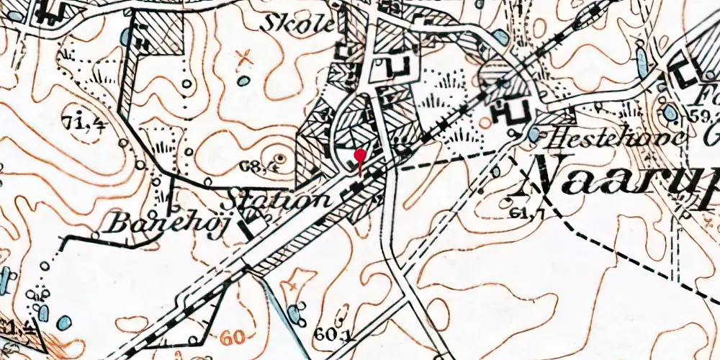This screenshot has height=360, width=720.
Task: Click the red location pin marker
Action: (x=360, y=157)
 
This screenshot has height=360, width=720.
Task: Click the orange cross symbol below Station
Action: (x=292, y=286)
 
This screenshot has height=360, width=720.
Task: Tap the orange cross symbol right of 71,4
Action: (x=246, y=55)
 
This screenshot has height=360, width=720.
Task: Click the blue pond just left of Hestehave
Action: (x=534, y=134)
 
